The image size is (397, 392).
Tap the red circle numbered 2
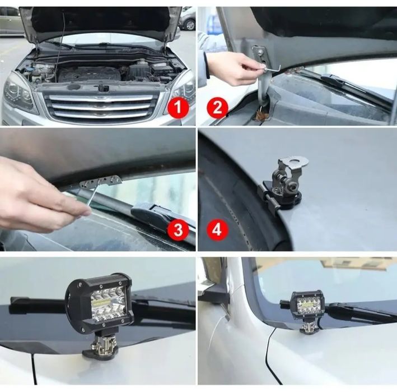pyautogui.click(x=217, y=107)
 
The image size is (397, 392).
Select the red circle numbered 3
pyautogui.click(x=179, y=229)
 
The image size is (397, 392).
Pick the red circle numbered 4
pyautogui.click(x=217, y=229)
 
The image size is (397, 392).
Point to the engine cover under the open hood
pyautogui.click(x=90, y=73)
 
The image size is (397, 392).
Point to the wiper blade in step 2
pyautogui.click(x=336, y=82)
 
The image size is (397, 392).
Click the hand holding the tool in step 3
pyautogui.click(x=39, y=193)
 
